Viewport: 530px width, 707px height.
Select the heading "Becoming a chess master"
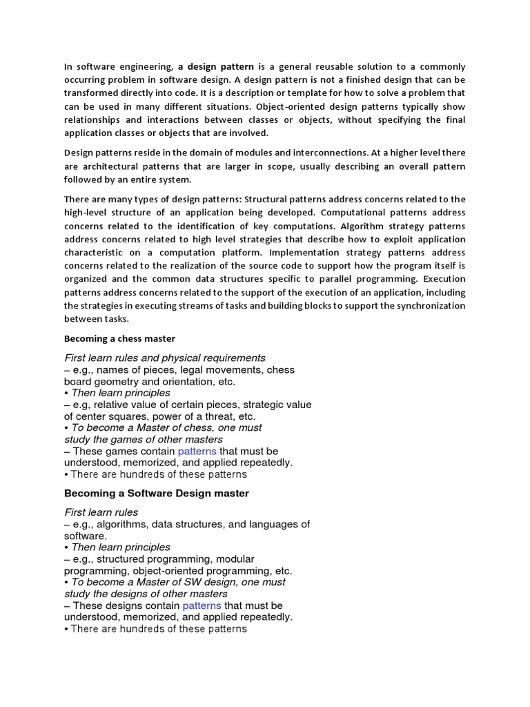119,338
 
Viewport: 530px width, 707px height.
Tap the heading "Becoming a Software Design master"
157,494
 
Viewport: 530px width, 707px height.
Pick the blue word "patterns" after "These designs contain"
202,606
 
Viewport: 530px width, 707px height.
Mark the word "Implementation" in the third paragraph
302,253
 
